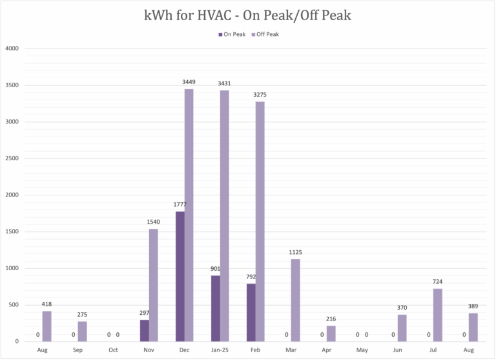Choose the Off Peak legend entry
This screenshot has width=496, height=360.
coord(267,34)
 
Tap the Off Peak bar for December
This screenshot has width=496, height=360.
coord(189,215)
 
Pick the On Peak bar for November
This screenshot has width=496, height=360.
coord(145,330)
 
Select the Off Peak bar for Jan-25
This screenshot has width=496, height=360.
coord(224,215)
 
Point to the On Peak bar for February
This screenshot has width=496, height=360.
coord(251,312)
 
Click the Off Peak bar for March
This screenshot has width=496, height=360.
coord(295,300)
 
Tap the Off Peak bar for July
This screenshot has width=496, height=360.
coord(437,315)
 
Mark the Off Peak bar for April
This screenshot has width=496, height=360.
coord(331,334)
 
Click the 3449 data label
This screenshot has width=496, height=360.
coord(189,82)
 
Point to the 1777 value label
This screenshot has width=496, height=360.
coord(180,204)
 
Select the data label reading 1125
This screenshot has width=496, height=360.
coord(295,252)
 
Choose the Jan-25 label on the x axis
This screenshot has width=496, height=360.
coord(220,350)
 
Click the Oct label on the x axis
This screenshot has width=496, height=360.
coord(113,350)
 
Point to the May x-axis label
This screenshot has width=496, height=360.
coord(362,350)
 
